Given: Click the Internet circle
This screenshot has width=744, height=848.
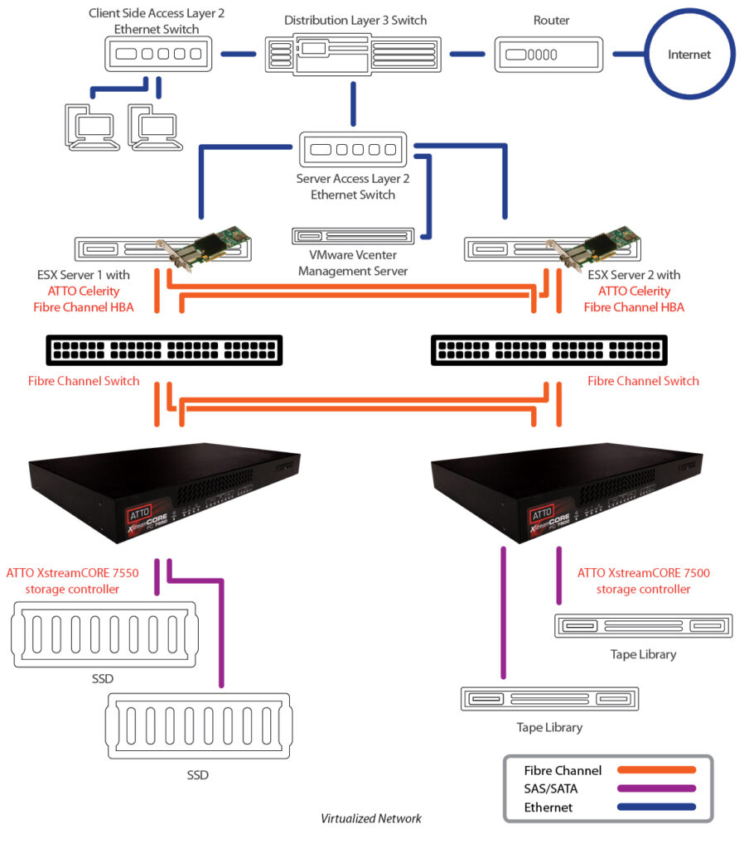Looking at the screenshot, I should click(689, 55).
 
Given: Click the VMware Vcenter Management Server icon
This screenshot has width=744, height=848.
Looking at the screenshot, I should click(353, 236).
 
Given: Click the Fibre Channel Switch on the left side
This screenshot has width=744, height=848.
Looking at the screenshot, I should click(164, 350).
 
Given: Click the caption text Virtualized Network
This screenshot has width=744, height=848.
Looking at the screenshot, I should click(371, 818).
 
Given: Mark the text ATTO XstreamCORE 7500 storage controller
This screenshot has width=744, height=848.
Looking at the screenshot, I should click(643, 581).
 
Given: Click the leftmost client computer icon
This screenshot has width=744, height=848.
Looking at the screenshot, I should click(89, 128).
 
